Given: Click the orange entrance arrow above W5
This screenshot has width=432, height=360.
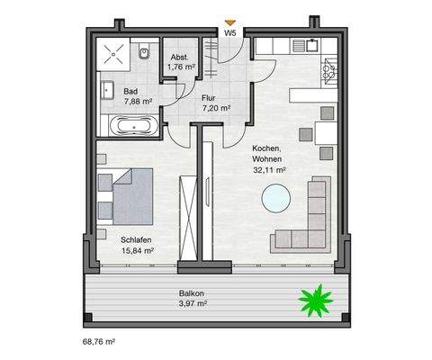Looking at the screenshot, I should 230,22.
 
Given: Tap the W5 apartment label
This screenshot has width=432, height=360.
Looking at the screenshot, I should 231,32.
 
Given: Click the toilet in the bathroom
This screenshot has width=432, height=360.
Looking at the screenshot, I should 145,55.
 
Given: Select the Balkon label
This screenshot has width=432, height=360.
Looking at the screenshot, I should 191,293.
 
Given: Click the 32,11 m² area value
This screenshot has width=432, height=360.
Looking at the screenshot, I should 269,168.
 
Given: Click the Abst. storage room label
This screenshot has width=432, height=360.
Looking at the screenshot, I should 181,55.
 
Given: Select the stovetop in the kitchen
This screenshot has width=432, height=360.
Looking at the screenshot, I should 329,68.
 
